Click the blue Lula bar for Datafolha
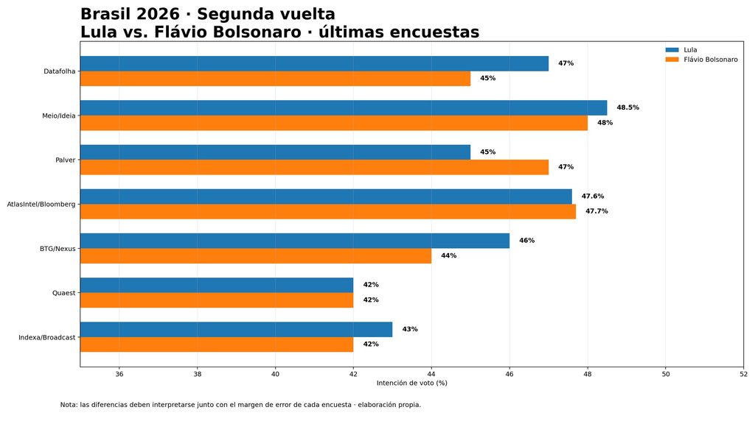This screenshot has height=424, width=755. tap(314, 63)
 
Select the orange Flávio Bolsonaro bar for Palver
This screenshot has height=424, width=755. tap(314, 167)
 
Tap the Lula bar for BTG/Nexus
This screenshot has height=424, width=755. tap(295, 241)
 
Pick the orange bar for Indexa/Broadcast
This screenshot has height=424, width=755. tap(217, 344)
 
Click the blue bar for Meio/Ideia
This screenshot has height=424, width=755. tap(344, 107)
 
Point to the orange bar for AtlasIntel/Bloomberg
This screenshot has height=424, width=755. tap(328, 211)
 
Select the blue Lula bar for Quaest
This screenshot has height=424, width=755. tap(217, 285)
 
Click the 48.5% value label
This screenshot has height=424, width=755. tap(628, 107)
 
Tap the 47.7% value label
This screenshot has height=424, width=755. tap(596, 211)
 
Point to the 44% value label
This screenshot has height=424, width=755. tap(449, 255)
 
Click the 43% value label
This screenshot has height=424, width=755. tap(410, 329)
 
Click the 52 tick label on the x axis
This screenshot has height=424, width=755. tap(743, 374)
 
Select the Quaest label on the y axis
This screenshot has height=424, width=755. tap(64, 293)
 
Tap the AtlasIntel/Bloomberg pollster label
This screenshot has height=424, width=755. tap(41, 205)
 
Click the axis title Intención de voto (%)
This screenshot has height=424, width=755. tap(411, 383)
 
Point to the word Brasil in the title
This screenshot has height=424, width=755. tap(106, 14)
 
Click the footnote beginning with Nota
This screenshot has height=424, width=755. tap(240, 405)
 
